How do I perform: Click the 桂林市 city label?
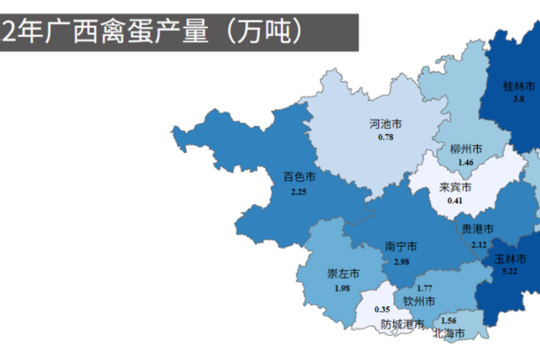coord(519,87)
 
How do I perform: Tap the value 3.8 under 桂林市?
coord(518,99)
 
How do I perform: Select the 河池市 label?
coord(385,124)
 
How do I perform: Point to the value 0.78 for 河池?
coord(385,137)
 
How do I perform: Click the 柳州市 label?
coord(465,148)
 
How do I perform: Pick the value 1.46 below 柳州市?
coord(465,162)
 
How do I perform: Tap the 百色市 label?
coord(299,177)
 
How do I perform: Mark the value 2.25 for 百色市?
coord(299,191)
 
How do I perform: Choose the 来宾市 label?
coord(454,187)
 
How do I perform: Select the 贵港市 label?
coord(478,229)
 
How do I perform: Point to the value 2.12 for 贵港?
coord(478,243)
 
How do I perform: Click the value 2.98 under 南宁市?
coord(400,261)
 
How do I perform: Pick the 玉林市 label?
coord(509,258)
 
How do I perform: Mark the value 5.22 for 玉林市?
coord(509,270)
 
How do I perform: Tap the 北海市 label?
coord(448,334)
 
